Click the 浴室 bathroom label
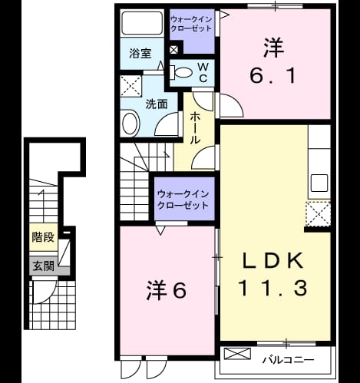point(140,53)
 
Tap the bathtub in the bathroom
point(142,23)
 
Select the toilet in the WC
point(181,72)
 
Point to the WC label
point(203,73)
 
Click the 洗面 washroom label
point(157,104)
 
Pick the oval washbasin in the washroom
point(131,124)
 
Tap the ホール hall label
point(195,128)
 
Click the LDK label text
point(273,260)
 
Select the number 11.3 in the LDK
point(272,288)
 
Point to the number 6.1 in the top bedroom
point(273,76)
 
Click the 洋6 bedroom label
point(167,291)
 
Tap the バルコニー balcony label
point(289,360)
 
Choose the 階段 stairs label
point(43,237)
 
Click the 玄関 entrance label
point(43,266)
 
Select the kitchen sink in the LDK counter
point(319,183)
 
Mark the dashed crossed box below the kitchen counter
point(319,214)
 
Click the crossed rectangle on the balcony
point(237,354)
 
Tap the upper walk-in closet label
point(191,24)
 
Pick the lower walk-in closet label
point(183,200)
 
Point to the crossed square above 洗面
point(131,86)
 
